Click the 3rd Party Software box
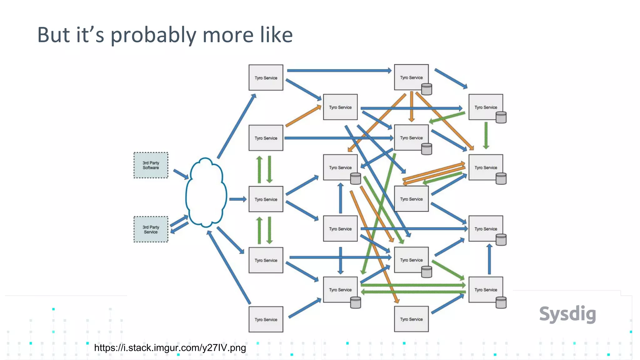point(151,165)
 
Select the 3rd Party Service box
point(151,229)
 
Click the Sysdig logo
point(567,314)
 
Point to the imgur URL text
point(170,348)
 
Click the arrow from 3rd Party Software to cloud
point(181,174)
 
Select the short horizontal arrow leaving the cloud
point(238,199)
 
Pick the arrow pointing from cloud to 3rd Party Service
point(179,228)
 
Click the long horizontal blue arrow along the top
point(339,71)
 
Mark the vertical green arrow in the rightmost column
point(486,135)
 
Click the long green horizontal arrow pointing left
point(412,292)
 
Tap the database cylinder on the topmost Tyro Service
point(427,89)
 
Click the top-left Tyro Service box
point(266,77)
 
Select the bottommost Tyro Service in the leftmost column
point(266,319)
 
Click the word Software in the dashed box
point(151,168)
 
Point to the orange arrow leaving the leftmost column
point(303,116)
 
